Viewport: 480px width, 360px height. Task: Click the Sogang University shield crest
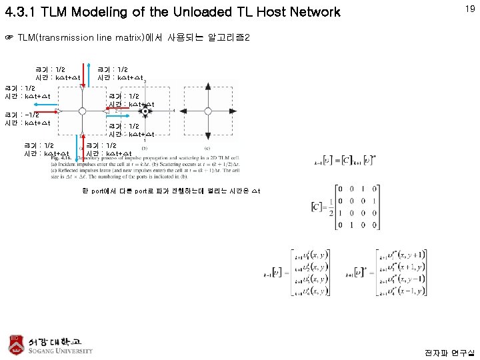16,343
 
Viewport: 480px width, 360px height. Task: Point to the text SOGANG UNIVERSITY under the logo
61,351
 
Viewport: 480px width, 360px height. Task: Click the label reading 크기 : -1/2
23,115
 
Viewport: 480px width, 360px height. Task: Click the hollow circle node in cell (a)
81,110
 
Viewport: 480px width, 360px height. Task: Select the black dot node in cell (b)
144,110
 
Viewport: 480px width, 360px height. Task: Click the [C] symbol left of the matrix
318,206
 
